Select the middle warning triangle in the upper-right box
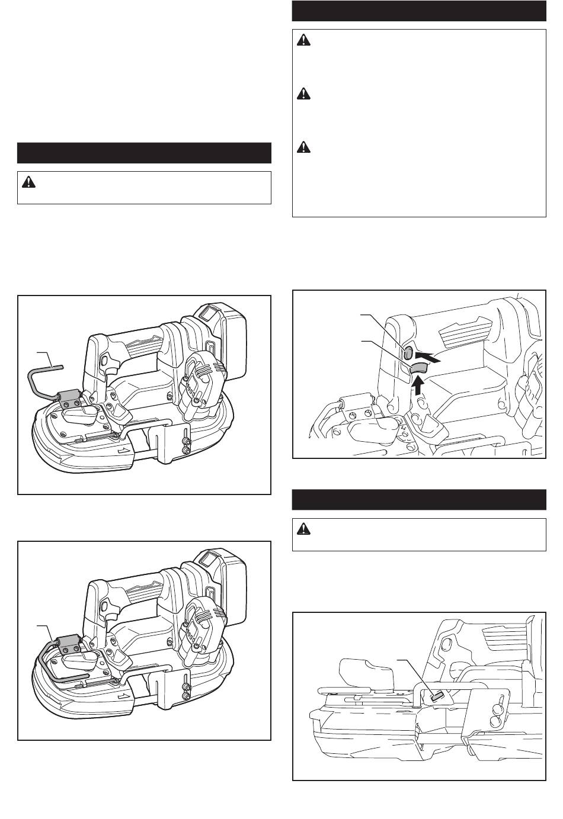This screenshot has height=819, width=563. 303,94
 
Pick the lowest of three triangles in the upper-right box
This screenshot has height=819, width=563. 303,146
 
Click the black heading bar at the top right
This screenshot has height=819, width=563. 419,11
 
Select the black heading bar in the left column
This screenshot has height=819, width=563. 144,153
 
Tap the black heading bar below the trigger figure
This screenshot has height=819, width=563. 419,499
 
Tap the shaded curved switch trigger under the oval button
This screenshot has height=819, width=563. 417,370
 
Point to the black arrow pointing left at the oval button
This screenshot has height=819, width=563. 428,357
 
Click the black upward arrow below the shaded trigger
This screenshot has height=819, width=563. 418,387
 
